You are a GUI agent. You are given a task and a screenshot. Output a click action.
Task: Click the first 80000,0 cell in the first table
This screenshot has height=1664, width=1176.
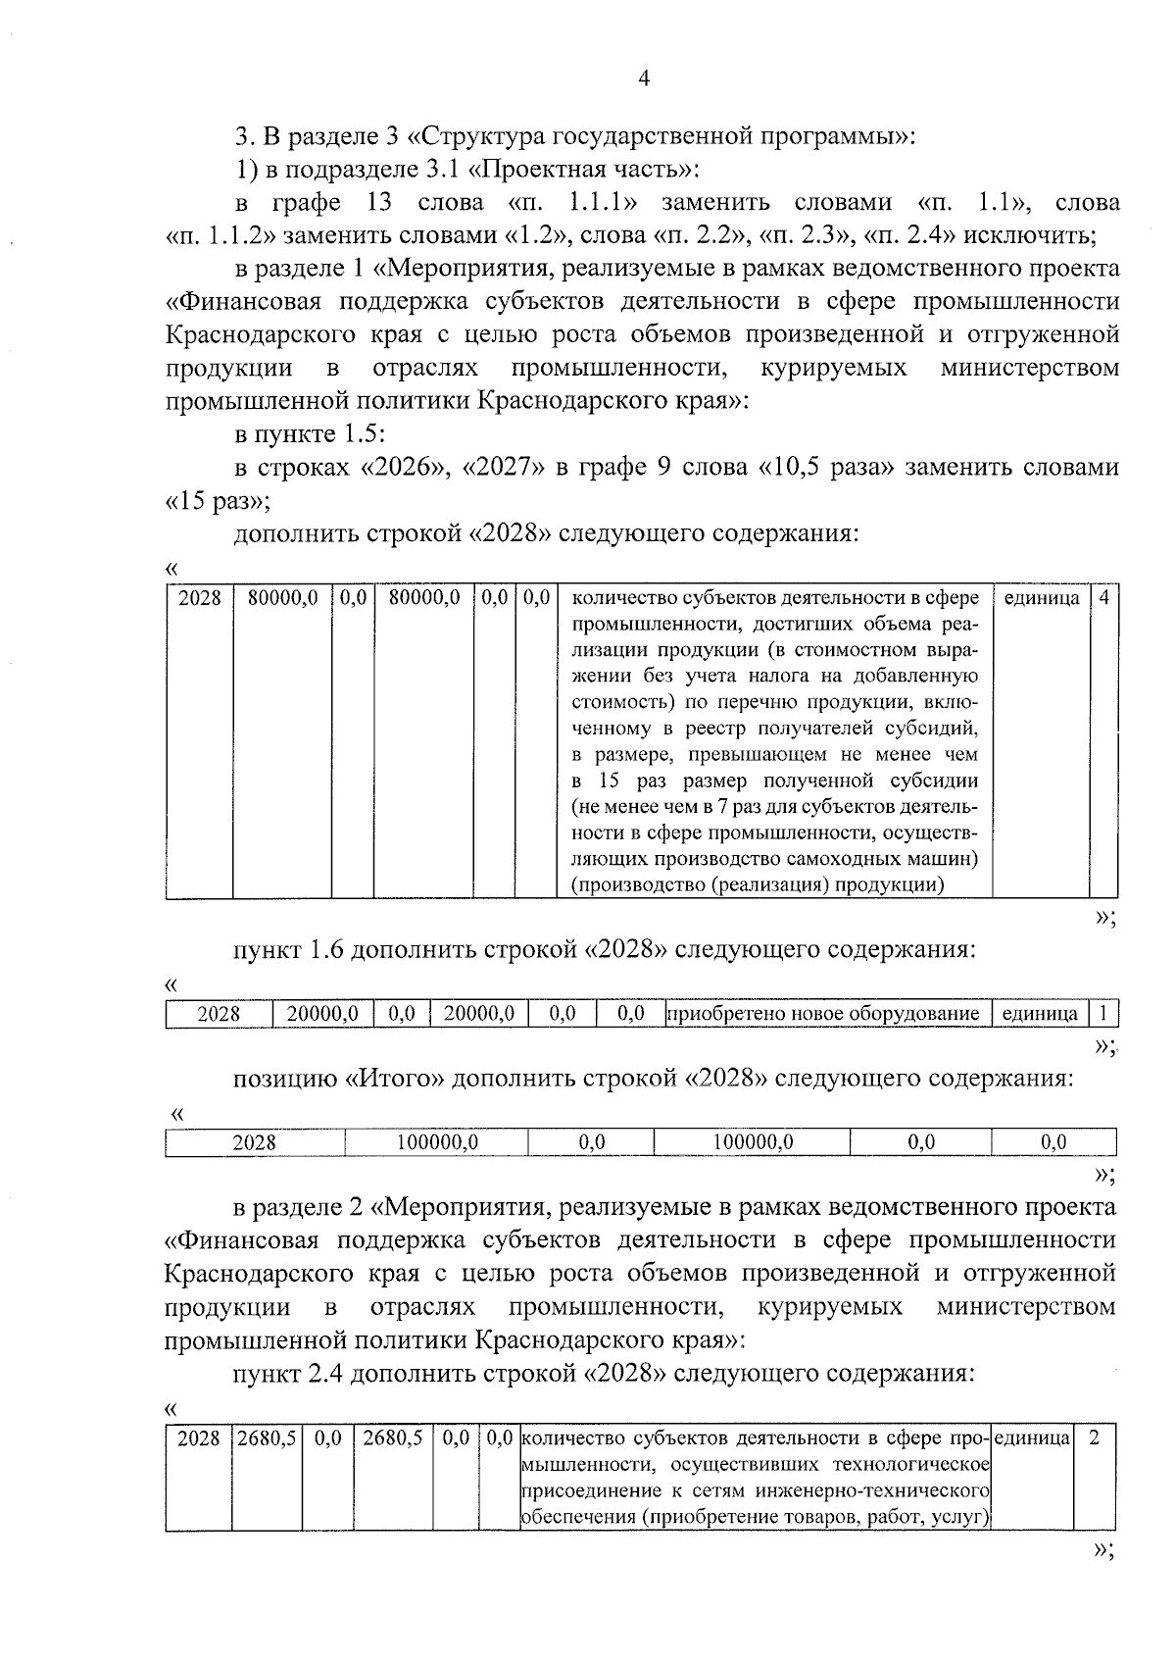click(x=282, y=597)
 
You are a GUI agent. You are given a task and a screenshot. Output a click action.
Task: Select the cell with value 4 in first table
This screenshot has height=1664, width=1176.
click(x=1103, y=597)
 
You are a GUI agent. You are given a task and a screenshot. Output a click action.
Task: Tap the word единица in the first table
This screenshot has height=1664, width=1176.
click(x=1042, y=597)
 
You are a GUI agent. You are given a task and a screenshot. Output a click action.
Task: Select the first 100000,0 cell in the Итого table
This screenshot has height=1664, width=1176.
click(x=436, y=1142)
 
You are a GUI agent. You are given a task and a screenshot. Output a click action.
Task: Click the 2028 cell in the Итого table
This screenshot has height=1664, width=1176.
click(x=255, y=1142)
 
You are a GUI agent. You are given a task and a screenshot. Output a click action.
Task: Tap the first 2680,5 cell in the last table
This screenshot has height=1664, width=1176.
click(x=266, y=1438)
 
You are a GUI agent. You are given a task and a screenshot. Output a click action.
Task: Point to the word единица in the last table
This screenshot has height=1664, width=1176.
click(x=1032, y=1438)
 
